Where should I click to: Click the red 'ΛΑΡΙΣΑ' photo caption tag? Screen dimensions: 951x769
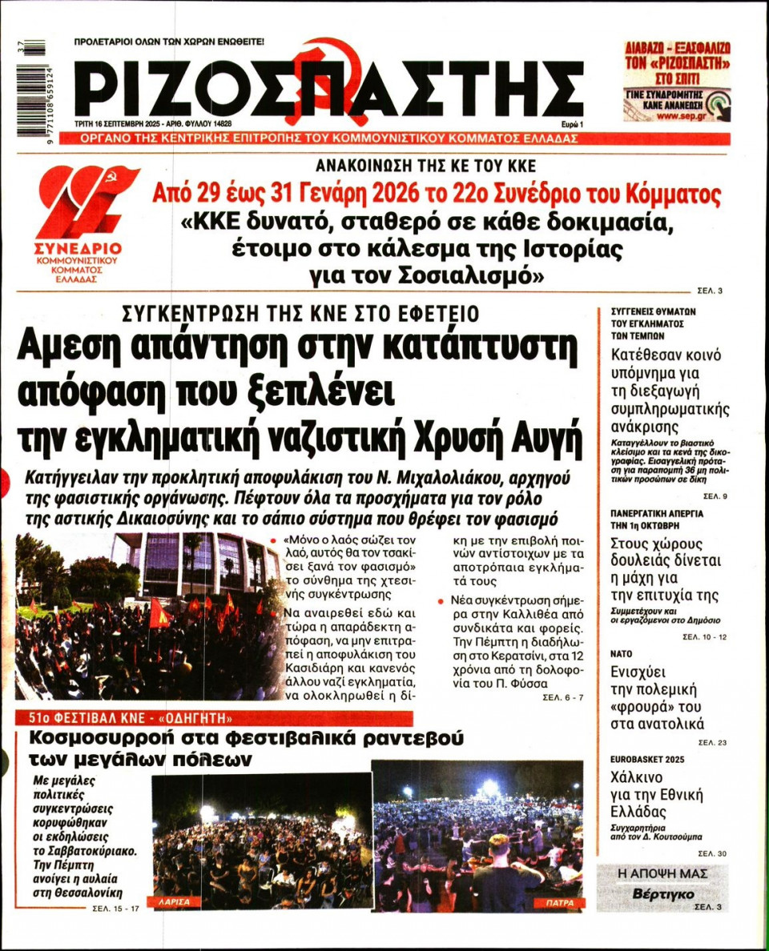[176, 901]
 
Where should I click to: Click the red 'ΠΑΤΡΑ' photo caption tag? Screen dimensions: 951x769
[558, 902]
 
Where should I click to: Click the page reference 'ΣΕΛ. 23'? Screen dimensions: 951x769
[711, 743]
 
